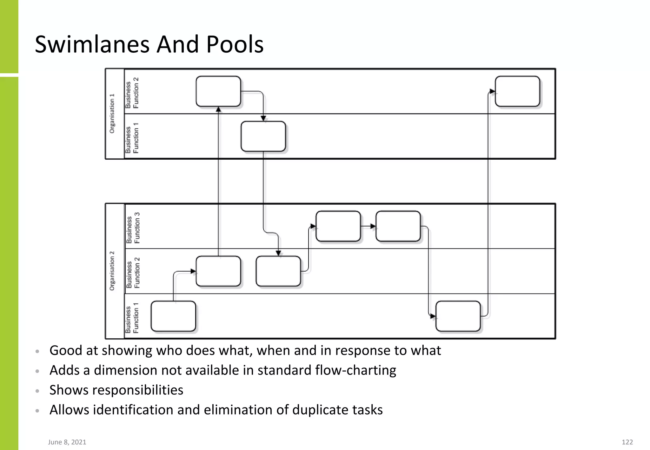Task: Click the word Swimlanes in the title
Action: [92, 44]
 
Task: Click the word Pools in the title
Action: [235, 44]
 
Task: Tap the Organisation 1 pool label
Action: [112, 114]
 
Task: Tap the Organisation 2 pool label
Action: [112, 271]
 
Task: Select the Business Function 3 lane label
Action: [133, 228]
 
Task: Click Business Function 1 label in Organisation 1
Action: [132, 138]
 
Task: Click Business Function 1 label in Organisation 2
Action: [132, 318]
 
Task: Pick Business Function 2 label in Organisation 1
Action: [132, 93]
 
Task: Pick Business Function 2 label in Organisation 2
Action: [133, 273]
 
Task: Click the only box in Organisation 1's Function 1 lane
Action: [263, 136]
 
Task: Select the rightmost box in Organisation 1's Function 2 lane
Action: [517, 91]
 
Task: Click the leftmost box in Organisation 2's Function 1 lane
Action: [173, 316]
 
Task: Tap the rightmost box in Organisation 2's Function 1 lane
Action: [458, 316]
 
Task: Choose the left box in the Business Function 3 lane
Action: [338, 226]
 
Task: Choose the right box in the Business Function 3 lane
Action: [398, 226]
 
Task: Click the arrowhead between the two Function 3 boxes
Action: [373, 226]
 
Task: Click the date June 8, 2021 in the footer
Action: [67, 442]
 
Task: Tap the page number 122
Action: [627, 442]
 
